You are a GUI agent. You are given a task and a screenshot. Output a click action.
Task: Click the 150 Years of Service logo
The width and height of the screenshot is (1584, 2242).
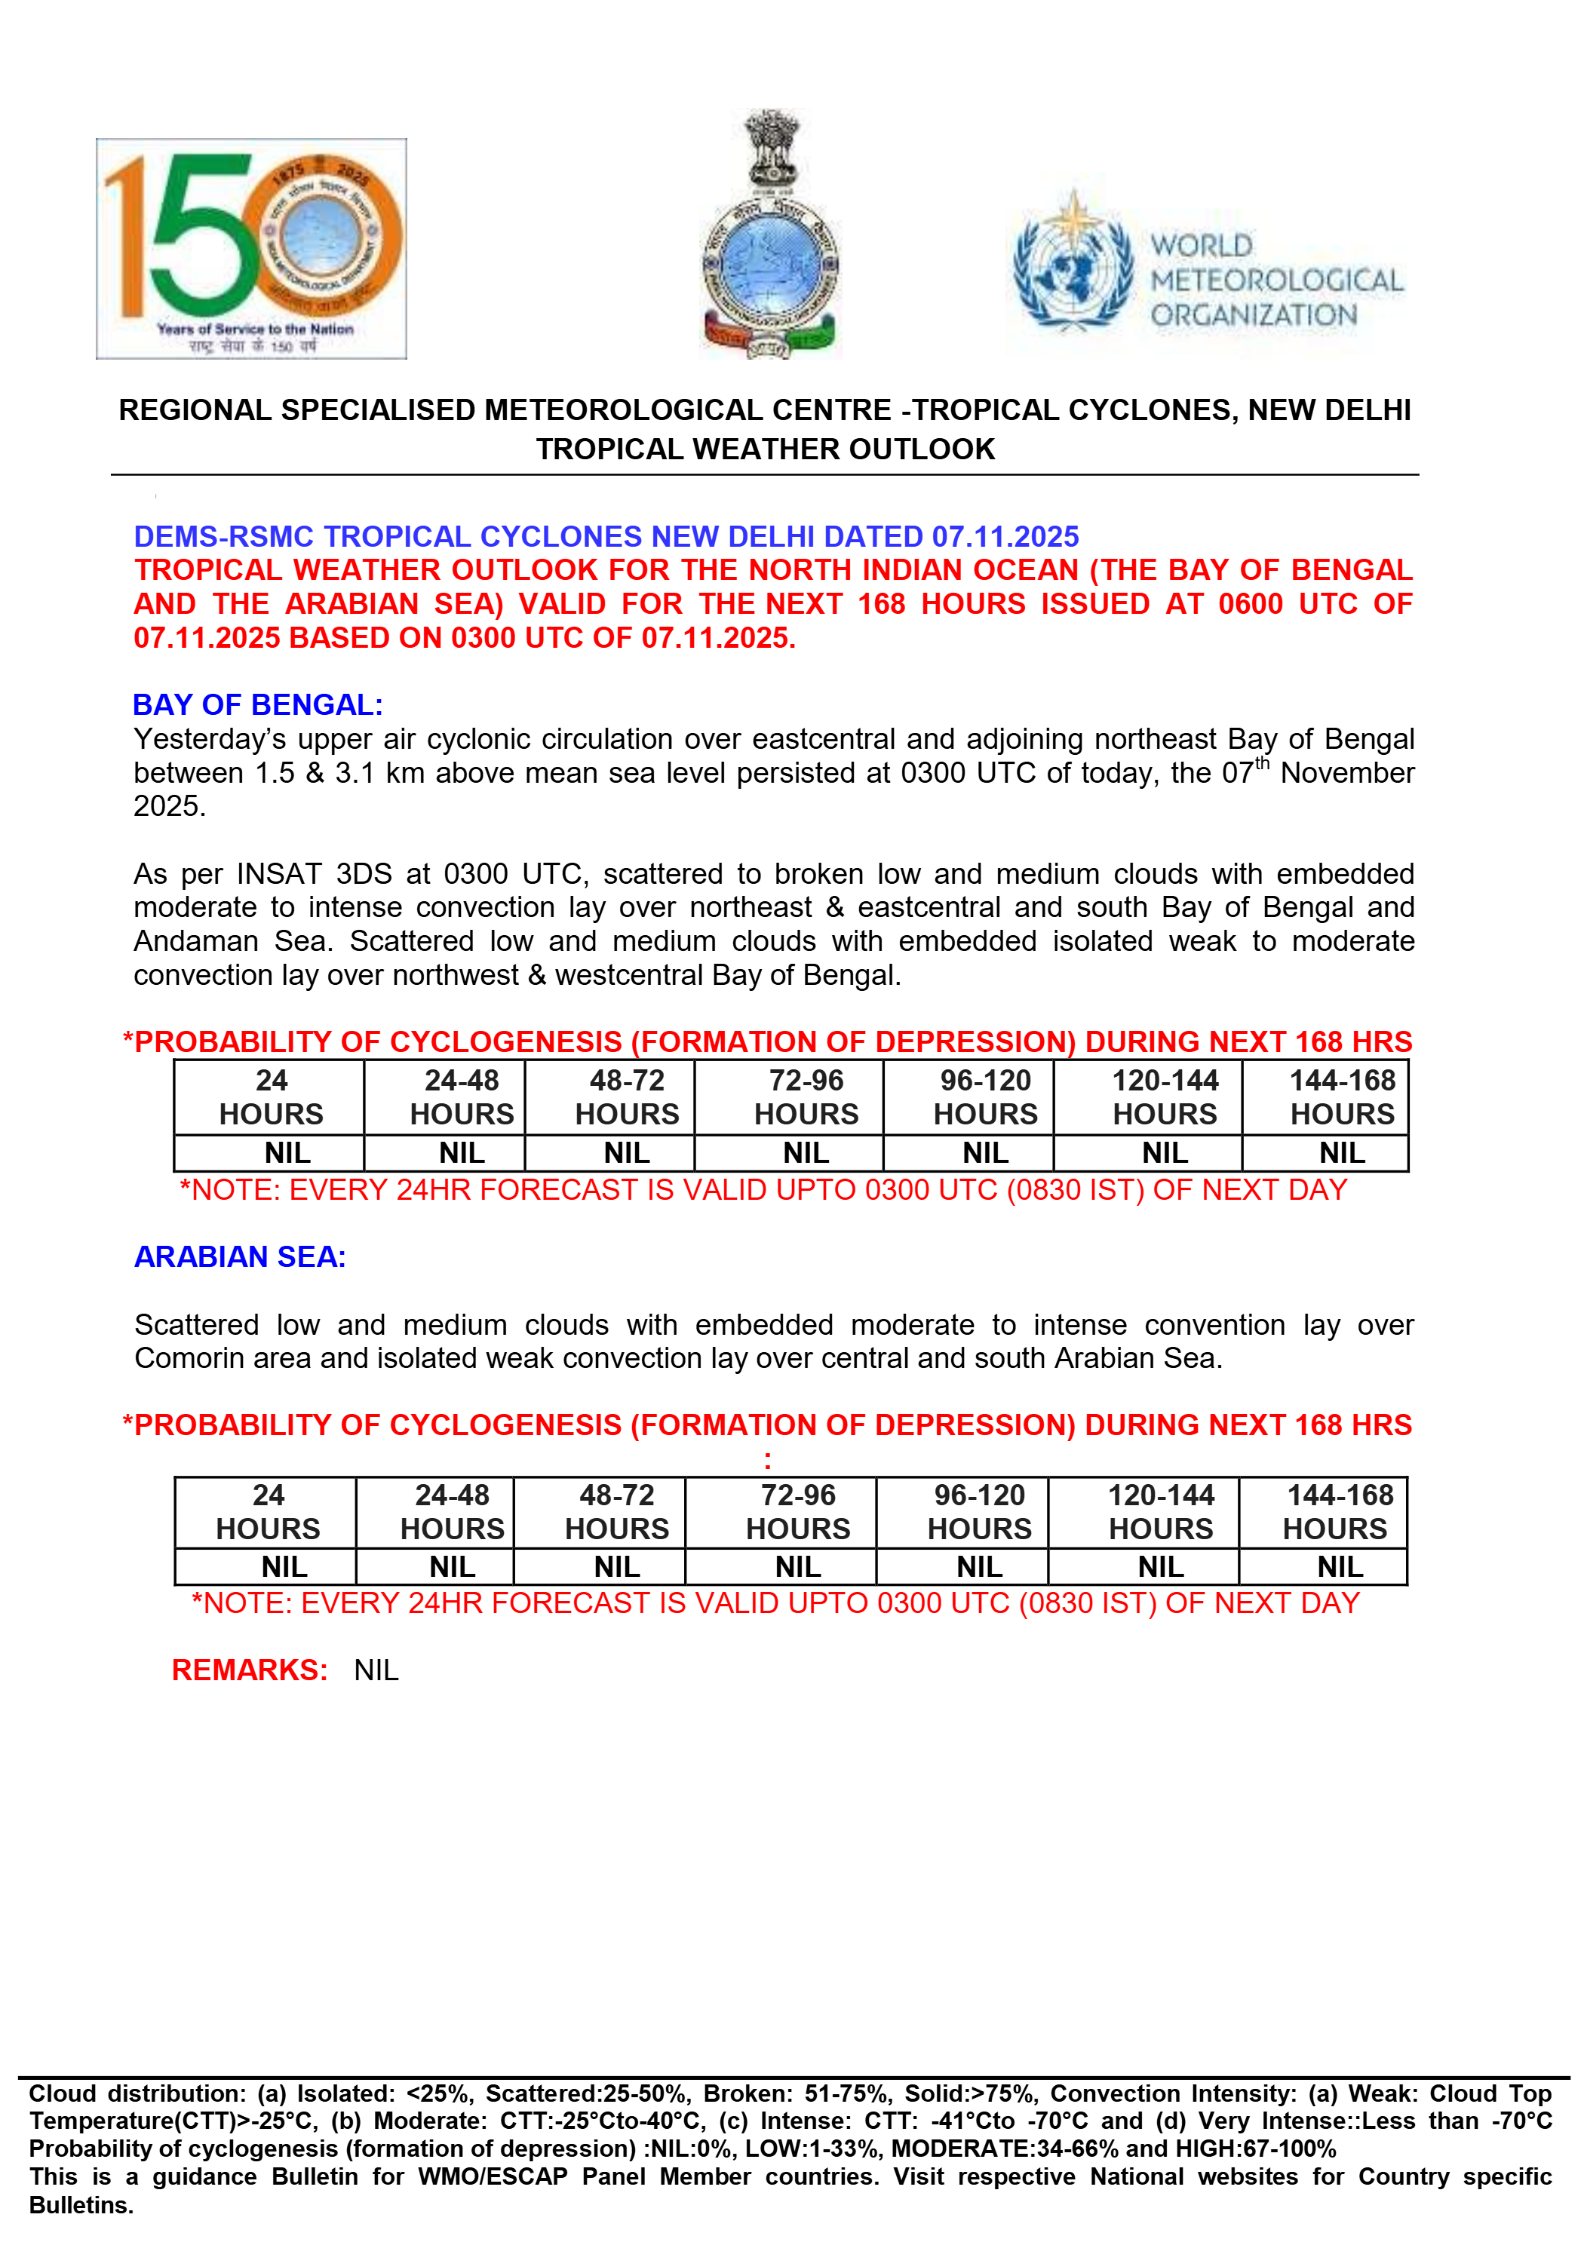[251, 248]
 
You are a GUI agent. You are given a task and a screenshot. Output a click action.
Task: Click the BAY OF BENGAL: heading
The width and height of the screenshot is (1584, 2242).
[258, 705]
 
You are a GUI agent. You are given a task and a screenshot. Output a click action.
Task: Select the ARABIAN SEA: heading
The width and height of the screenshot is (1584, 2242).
[240, 1256]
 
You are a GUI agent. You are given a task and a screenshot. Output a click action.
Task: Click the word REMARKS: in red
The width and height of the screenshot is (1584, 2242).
[250, 1670]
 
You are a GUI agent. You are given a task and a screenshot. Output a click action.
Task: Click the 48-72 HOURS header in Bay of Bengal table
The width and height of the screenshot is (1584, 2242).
[626, 1097]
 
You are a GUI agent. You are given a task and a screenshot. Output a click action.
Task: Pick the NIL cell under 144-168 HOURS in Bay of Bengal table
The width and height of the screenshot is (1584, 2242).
[1342, 1153]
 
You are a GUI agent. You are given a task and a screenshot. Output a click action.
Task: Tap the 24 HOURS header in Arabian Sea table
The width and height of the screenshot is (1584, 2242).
[268, 1511]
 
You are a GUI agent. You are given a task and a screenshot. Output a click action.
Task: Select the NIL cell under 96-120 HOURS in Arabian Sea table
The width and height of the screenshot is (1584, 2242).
[980, 1567]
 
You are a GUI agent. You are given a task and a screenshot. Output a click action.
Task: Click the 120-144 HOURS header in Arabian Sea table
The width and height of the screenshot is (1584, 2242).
[1160, 1511]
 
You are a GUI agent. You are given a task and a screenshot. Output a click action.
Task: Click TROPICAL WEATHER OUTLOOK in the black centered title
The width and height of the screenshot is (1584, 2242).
[765, 449]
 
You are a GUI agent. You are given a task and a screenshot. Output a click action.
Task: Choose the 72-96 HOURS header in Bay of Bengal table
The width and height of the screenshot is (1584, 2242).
[806, 1097]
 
